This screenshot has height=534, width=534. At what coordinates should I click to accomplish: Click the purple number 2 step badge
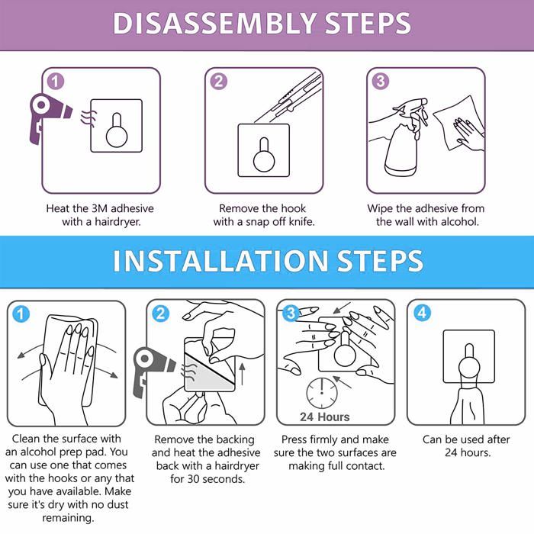coord(219,82)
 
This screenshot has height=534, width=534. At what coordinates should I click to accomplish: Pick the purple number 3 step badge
coord(381,82)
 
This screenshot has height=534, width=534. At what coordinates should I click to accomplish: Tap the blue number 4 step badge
coord(422,312)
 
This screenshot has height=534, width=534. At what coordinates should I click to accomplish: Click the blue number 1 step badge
coord(21,314)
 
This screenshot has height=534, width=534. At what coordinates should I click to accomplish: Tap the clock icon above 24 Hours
coord(322,393)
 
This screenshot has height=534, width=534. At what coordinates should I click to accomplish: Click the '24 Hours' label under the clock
coord(325,417)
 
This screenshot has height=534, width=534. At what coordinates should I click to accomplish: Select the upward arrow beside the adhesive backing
coord(242,375)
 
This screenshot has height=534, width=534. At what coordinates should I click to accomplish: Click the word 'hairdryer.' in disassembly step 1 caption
coord(117,222)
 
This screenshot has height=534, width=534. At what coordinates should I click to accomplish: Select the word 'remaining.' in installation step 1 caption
coord(68,518)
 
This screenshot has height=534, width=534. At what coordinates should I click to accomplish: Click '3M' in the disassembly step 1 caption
coord(99,208)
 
